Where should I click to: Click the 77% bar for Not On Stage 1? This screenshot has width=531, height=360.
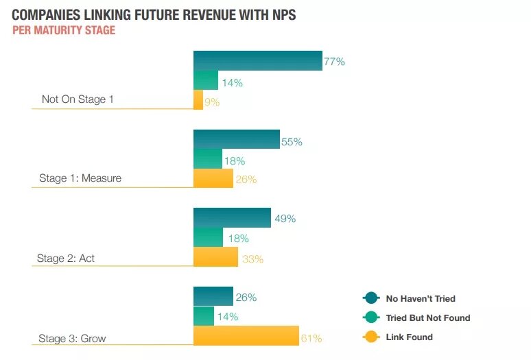(257, 60)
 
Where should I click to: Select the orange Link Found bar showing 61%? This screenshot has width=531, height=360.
(246, 336)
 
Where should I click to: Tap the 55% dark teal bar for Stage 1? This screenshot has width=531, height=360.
(236, 139)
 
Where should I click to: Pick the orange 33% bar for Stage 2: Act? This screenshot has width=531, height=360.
(215, 257)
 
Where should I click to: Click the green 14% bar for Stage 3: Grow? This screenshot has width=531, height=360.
(204, 316)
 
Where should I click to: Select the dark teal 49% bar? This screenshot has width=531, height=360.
(232, 217)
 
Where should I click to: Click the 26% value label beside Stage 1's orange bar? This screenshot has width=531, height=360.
(246, 180)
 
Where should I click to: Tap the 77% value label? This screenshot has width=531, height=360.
(334, 62)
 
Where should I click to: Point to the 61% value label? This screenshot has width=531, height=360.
(311, 338)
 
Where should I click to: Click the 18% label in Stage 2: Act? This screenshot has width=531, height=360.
(237, 239)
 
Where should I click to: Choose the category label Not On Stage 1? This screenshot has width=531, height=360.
(78, 99)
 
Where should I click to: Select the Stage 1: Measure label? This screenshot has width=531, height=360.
(80, 178)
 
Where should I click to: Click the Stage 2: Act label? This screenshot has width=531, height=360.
(66, 259)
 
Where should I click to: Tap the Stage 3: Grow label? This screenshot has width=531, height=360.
(71, 338)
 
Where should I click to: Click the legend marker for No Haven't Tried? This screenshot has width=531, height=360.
(370, 298)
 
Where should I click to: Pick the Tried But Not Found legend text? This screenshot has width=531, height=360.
(427, 317)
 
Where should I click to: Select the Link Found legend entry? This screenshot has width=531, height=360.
(409, 337)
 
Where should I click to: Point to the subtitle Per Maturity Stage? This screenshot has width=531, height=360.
(64, 31)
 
